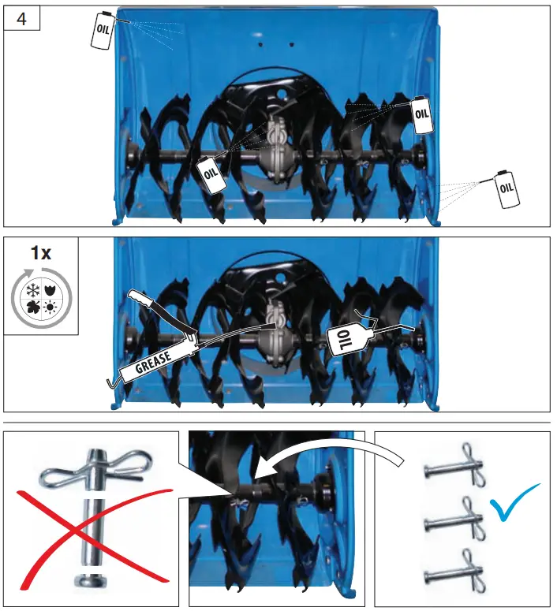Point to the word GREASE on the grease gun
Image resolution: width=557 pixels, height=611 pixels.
pos(154,362)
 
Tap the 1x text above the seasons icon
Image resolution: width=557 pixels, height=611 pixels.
pos(41,254)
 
